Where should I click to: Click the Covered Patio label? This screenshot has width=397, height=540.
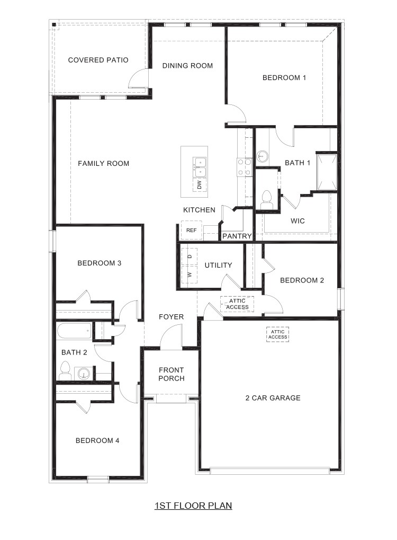(x=98, y=60)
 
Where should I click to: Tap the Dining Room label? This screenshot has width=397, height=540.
(x=187, y=66)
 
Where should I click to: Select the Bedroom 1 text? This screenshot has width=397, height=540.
(x=284, y=77)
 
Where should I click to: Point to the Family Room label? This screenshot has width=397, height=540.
(x=103, y=163)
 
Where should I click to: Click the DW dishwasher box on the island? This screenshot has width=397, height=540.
(x=200, y=184)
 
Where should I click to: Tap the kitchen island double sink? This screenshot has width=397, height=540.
(x=200, y=166)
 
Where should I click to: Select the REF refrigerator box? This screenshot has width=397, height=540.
(x=191, y=230)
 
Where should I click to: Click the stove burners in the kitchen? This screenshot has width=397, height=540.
(x=244, y=167)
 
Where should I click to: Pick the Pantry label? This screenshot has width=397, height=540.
(x=236, y=236)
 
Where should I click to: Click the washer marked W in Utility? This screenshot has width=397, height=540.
(x=190, y=275)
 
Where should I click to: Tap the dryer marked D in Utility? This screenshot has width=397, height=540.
(x=190, y=256)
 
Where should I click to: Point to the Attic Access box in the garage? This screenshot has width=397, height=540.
(x=277, y=334)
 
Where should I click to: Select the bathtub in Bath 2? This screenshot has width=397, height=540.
(x=74, y=332)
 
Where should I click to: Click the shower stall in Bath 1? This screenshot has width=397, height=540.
(x=326, y=171)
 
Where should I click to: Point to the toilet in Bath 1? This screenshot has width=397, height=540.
(x=266, y=198)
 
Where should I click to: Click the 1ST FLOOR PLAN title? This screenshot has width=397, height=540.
(x=193, y=506)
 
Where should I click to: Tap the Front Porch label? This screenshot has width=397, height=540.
(x=171, y=374)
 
